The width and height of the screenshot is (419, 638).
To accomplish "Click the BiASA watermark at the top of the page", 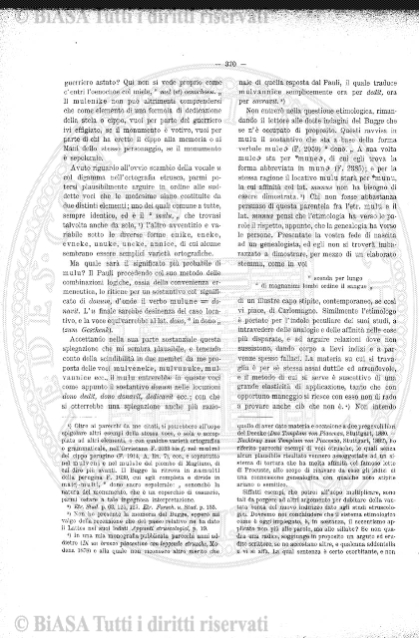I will click(x=209, y=10).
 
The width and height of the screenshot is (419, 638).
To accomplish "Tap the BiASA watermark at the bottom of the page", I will click(x=209, y=627).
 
